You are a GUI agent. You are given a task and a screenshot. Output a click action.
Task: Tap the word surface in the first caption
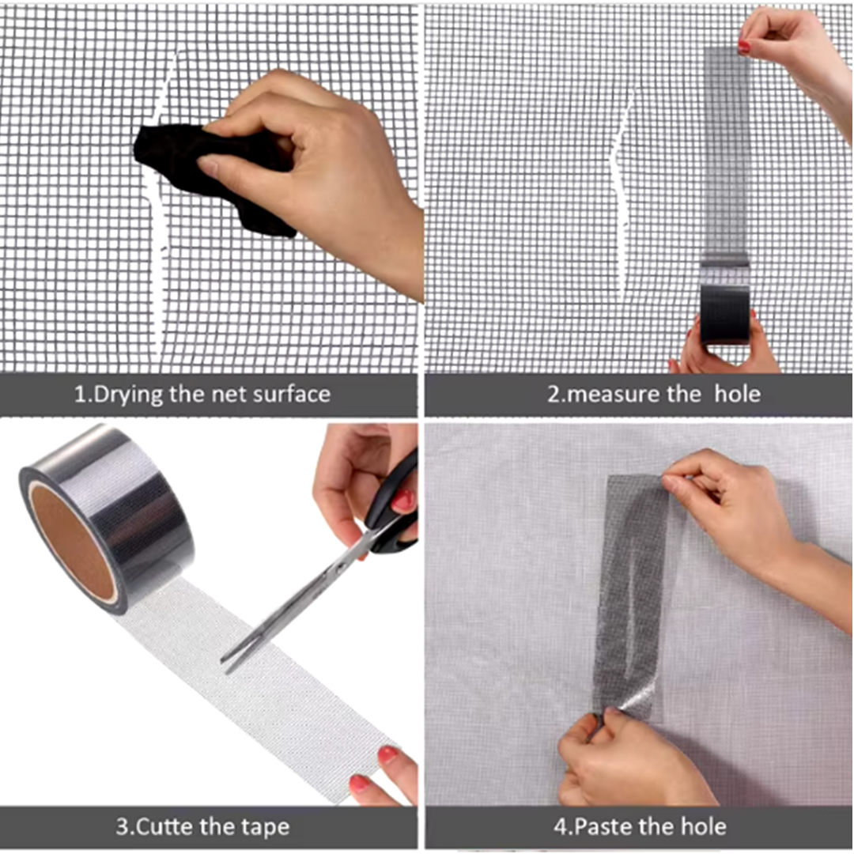tap(290, 394)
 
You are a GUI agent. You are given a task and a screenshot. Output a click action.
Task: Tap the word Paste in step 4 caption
tap(606, 828)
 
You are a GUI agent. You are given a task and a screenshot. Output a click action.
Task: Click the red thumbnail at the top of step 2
tap(744, 47)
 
